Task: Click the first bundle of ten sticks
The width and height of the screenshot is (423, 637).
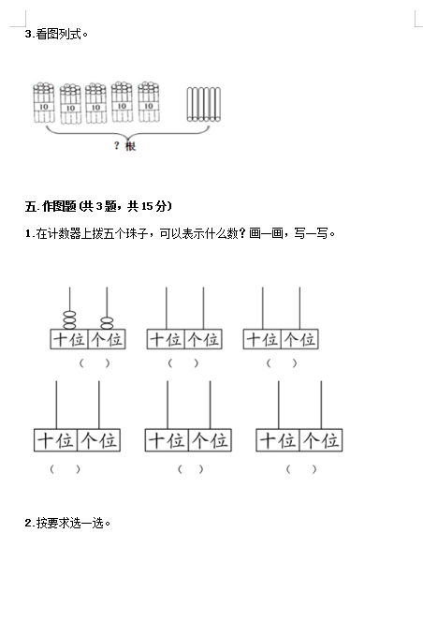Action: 43,102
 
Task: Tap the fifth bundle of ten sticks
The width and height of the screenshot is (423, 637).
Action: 149,102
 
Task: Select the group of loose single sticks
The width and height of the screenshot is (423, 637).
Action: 204,104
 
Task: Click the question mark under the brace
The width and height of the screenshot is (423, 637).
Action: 117,145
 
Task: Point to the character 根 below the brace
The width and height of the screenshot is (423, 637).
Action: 130,146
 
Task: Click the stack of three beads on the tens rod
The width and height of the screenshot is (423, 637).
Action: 69,320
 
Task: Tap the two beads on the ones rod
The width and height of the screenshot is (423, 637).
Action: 107,323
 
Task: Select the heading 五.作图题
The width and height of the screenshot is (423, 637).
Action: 51,206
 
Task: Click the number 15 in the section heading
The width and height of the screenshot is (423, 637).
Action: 147,206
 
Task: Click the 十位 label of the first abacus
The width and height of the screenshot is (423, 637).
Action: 69,339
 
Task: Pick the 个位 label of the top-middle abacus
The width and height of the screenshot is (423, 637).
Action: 203,339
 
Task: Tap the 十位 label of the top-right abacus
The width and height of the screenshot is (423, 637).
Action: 262,339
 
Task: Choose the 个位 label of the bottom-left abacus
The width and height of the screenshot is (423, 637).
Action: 98,440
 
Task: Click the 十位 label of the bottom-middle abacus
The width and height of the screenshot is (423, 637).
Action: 167,440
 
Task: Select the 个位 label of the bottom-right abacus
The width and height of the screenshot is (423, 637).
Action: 321,440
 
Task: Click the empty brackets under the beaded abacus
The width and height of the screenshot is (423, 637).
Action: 95,363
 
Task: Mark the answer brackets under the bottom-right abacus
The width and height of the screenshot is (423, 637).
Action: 300,469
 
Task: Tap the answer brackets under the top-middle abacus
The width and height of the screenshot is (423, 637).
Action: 183,363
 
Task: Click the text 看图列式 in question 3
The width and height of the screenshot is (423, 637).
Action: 59,34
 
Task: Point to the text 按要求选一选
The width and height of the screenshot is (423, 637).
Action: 70,523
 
